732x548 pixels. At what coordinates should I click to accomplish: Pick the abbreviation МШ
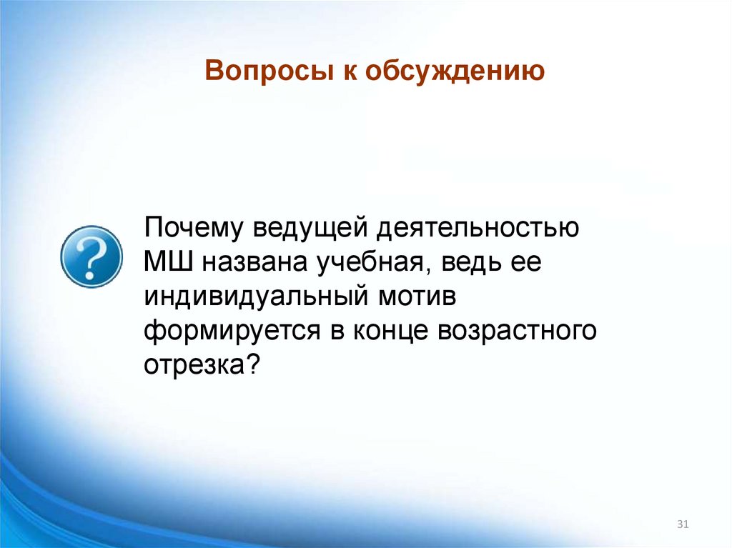click(169, 262)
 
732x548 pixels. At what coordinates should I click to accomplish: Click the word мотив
click(421, 297)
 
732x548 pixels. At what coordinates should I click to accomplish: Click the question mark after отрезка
click(252, 364)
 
